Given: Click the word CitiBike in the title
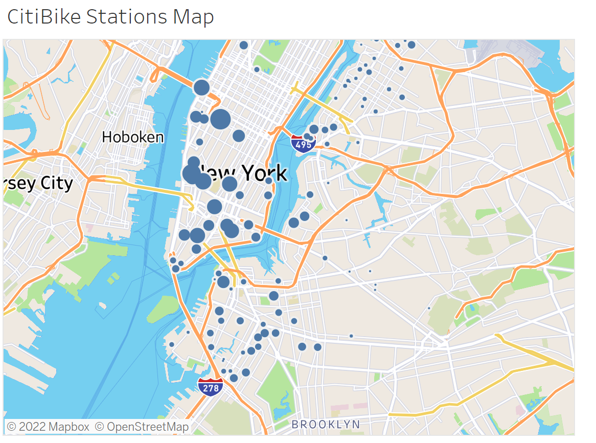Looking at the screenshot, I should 44,17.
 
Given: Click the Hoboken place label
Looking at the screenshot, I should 133,137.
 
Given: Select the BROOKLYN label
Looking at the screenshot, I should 326,424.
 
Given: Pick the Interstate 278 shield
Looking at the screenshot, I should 211,387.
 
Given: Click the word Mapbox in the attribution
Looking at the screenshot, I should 69,427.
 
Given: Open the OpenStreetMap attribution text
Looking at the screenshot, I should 147,427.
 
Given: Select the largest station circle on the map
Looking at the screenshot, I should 220,119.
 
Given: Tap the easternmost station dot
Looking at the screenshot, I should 429,308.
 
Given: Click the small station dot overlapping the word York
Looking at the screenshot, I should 269,181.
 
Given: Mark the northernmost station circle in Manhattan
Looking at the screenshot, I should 244,45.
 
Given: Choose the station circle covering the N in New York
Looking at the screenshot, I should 203,181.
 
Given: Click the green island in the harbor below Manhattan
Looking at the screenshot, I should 164,306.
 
